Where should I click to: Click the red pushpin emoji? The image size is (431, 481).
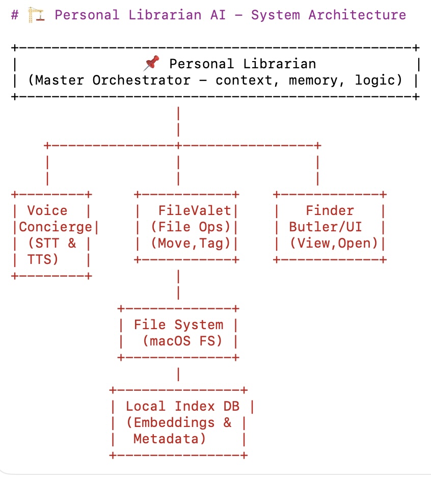click(x=151, y=63)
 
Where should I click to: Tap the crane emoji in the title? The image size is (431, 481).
click(x=36, y=15)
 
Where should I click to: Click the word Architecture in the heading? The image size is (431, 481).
click(x=357, y=15)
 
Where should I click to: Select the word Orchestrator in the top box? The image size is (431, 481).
click(x=142, y=81)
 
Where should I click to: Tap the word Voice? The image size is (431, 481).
click(x=47, y=211)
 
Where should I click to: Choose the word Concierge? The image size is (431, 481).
click(x=56, y=227)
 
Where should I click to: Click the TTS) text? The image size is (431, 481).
click(x=43, y=259)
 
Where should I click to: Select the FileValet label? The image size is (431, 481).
click(x=195, y=211)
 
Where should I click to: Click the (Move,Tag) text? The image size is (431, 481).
click(x=191, y=244)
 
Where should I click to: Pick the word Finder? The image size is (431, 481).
click(x=330, y=211)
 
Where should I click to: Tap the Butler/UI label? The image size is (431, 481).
click(x=326, y=227)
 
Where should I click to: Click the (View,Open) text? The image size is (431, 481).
click(x=334, y=244)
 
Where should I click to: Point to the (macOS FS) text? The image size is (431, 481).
click(x=182, y=341)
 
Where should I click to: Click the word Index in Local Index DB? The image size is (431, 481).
click(x=195, y=407)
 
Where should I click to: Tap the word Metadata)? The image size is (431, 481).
click(x=170, y=439)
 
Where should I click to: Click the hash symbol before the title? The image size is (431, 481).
click(x=15, y=15)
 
